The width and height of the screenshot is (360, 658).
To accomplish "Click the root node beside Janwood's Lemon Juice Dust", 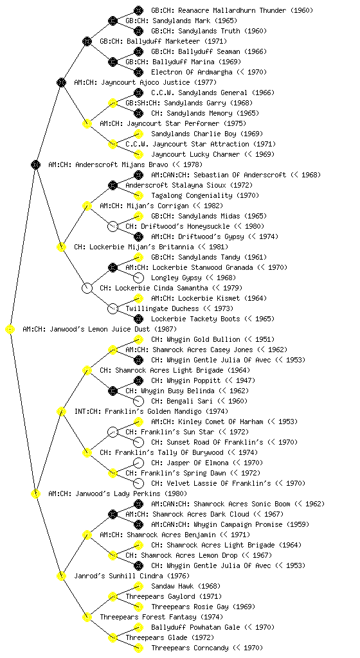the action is click(x=10, y=330).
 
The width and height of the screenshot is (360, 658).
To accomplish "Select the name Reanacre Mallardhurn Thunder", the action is click(x=215, y=10).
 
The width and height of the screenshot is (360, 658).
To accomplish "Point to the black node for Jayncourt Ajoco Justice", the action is click(x=61, y=82).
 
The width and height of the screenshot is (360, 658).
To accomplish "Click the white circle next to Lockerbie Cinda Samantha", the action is click(x=87, y=289).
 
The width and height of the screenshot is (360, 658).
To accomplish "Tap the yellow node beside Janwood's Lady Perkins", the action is click(x=36, y=493).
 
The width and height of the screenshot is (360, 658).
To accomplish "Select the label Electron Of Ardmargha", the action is click(x=192, y=72).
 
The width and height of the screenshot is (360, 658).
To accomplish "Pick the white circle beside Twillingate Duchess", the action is click(x=113, y=309).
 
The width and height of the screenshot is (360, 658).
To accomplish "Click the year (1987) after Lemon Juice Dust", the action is click(x=166, y=330).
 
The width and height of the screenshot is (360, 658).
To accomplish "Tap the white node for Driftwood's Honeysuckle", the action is click(x=113, y=227).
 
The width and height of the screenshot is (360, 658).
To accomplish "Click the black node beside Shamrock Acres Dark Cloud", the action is click(x=113, y=514).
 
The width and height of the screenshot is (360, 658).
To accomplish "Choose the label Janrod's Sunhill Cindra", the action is click(x=119, y=576).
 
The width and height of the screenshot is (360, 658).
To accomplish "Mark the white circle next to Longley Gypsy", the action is click(x=138, y=278).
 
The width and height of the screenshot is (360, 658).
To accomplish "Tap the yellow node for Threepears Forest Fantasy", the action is click(x=87, y=617).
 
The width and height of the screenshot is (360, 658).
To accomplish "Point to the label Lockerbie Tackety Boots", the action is click(x=195, y=319).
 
